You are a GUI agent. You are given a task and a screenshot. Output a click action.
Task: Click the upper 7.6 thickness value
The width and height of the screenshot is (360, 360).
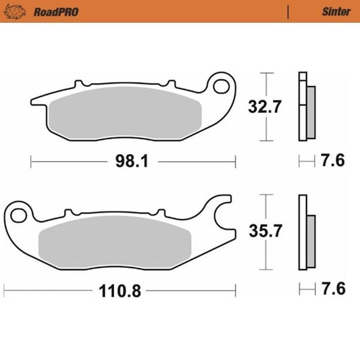333,161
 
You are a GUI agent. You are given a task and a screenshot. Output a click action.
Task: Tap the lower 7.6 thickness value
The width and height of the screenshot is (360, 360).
333,290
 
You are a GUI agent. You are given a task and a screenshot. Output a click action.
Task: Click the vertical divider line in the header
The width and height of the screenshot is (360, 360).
288,11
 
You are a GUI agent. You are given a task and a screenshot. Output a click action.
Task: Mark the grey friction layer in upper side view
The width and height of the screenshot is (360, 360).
311,109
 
